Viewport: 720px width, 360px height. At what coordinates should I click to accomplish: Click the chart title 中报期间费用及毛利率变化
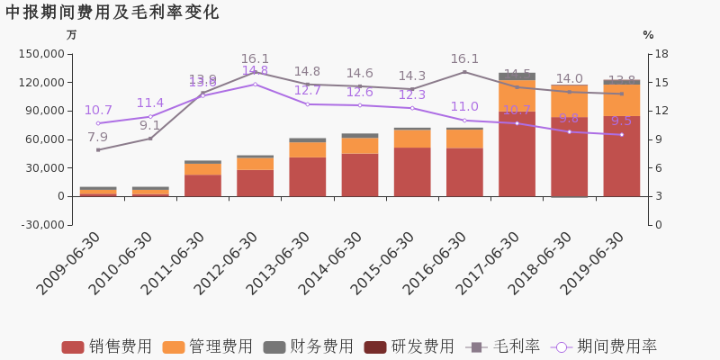pos(112,13)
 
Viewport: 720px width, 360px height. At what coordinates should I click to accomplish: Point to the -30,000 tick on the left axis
pos(41,225)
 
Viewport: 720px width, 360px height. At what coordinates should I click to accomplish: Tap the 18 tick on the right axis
pos(661,54)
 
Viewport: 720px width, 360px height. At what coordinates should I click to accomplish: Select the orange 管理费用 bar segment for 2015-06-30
pos(412,139)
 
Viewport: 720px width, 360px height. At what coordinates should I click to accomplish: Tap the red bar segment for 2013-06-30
pos(308,176)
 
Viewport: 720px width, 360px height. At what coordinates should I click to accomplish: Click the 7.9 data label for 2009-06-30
pos(97,138)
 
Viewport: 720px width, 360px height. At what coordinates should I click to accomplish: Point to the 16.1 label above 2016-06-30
pos(464,59)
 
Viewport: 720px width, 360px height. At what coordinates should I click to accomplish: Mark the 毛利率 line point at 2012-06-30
pos(255,72)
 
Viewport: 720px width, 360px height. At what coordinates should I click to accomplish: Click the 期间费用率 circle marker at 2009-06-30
pos(98,123)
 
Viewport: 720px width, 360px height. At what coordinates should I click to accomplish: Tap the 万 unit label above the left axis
pos(72,35)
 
